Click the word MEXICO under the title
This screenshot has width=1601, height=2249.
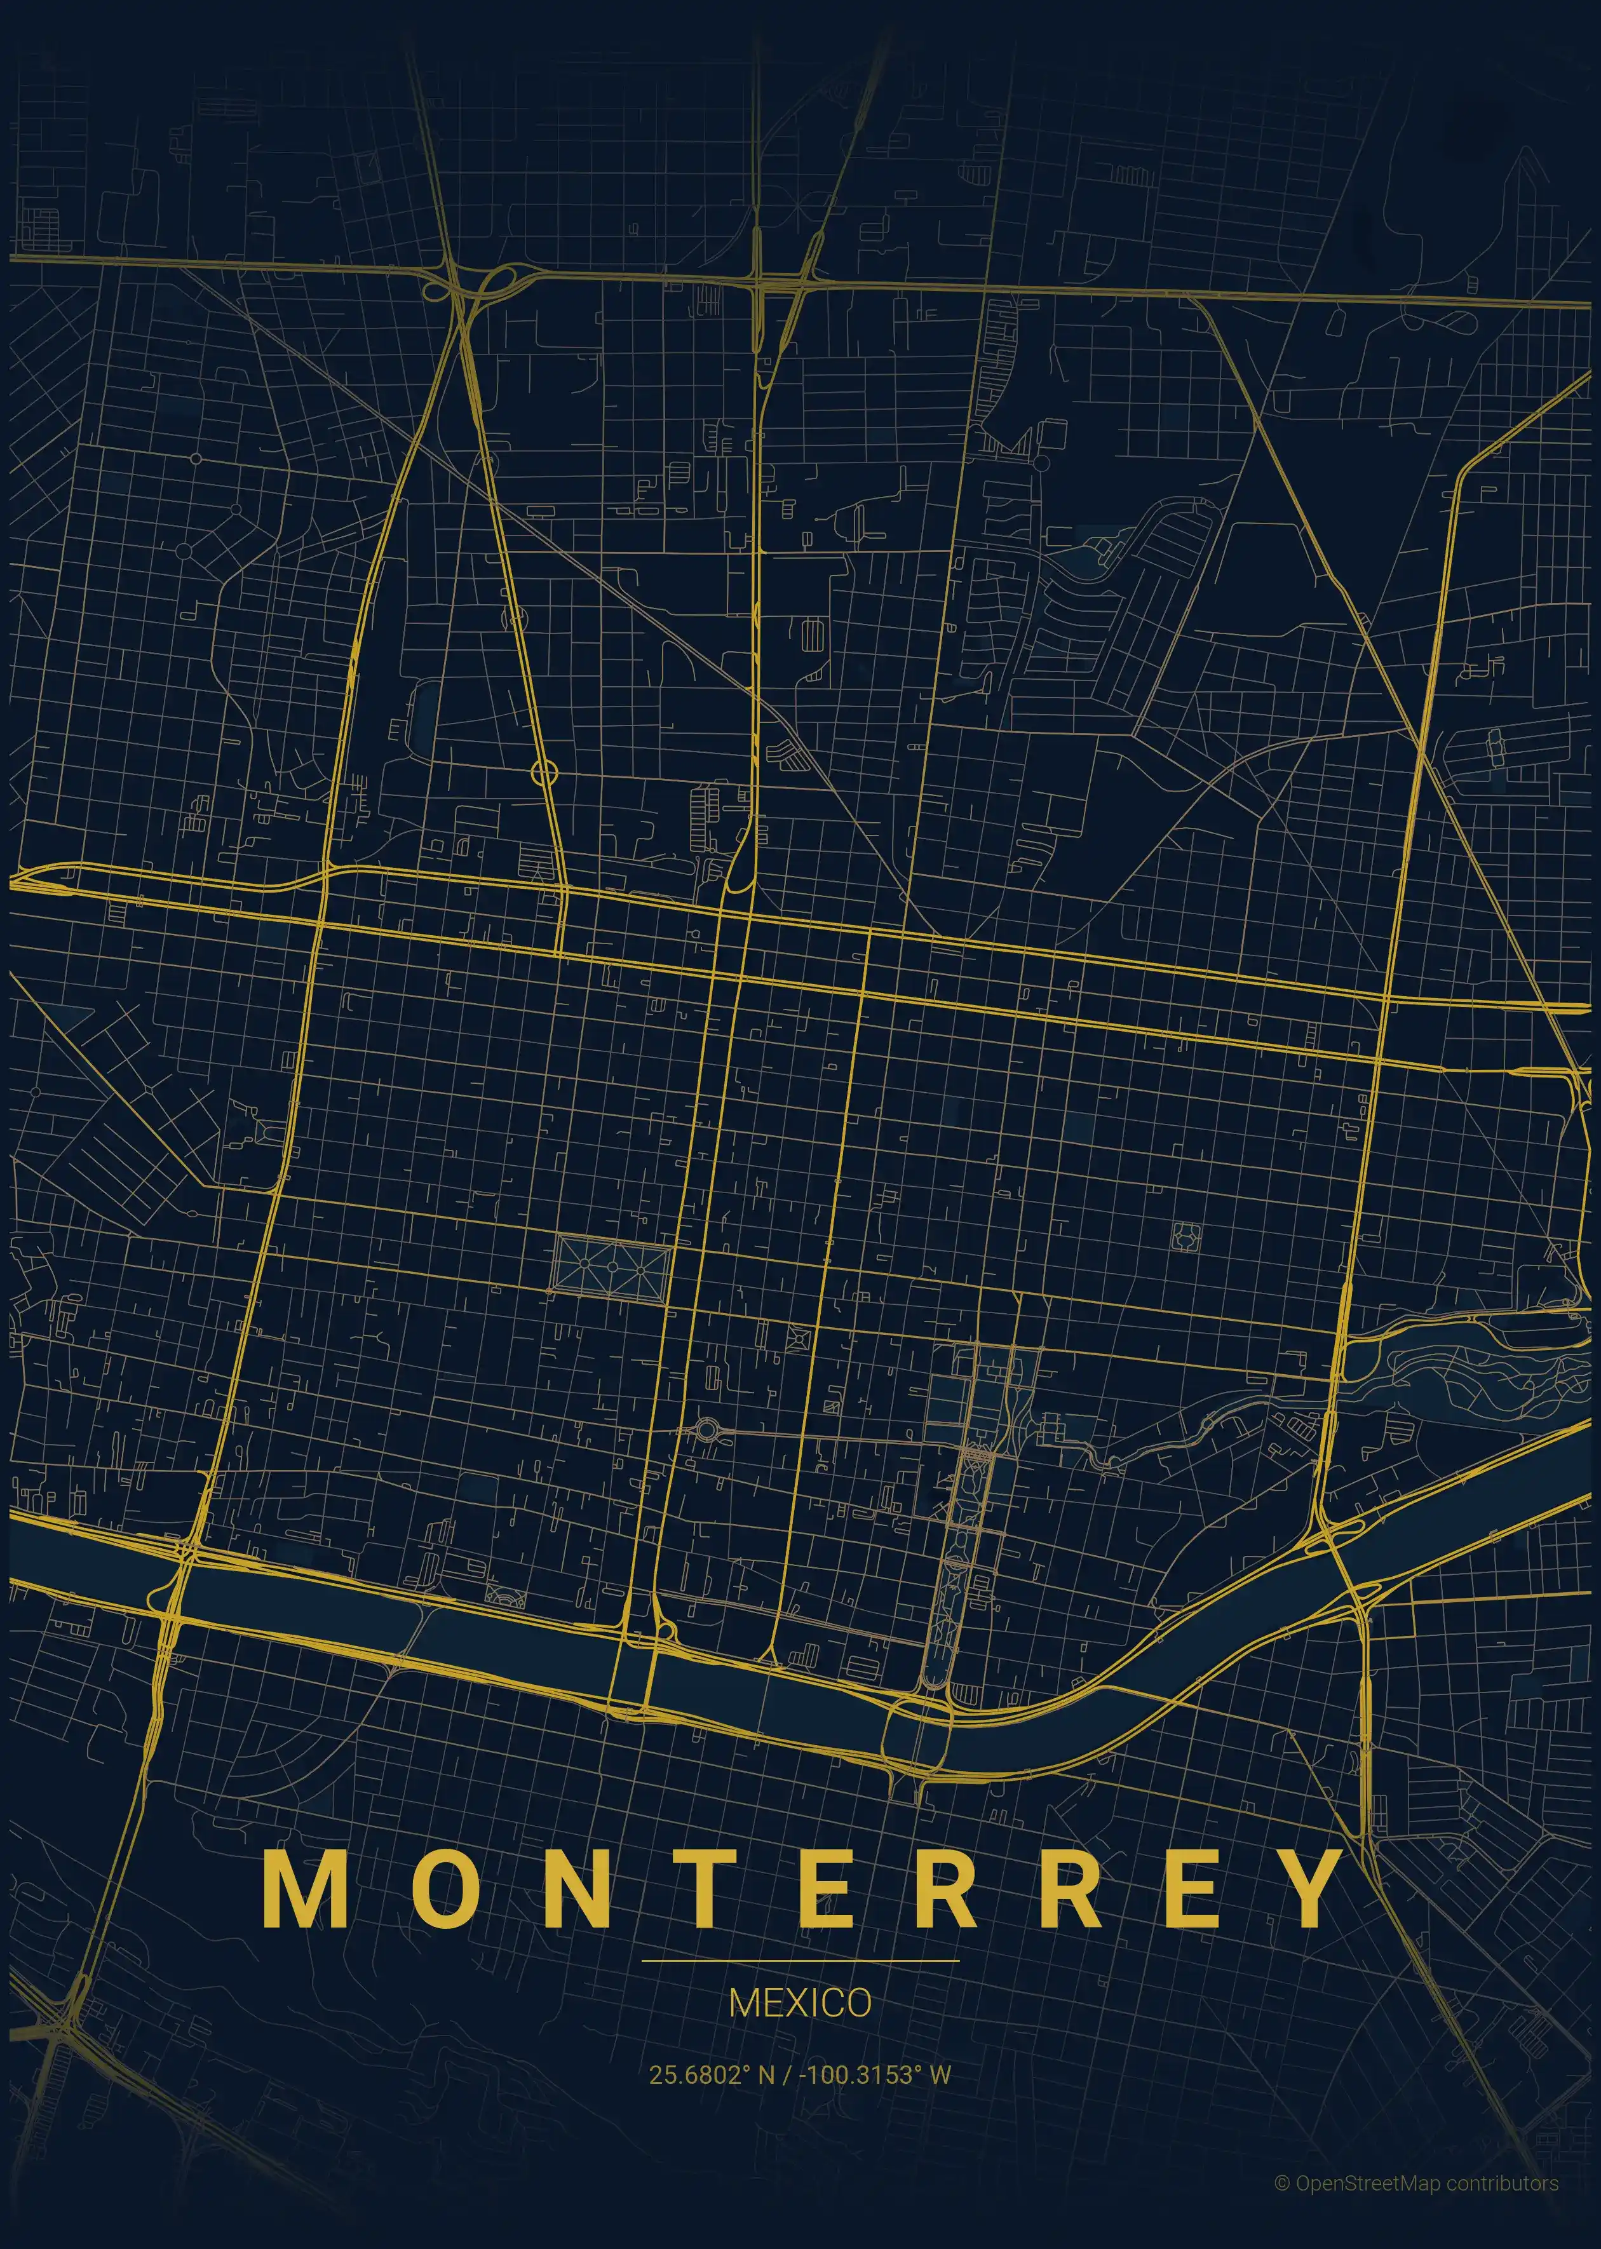click(799, 2002)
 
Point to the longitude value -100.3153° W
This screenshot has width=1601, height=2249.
click(875, 2074)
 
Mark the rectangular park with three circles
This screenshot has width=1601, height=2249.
click(612, 1266)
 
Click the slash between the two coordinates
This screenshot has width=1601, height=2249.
click(786, 2074)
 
